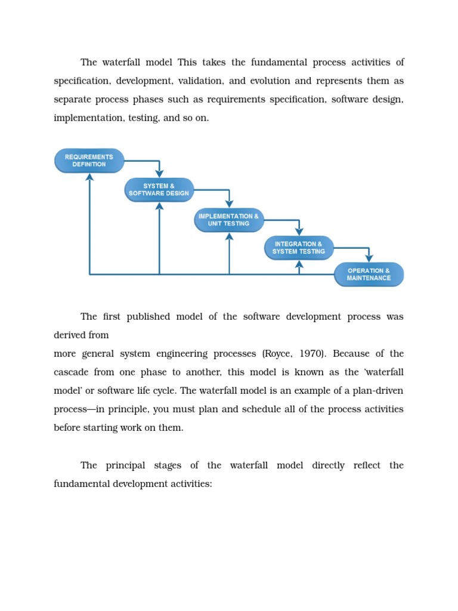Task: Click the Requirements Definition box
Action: pos(89,161)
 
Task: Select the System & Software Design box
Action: pos(159,190)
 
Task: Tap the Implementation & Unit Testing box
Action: pos(228,220)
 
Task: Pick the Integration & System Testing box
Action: pos(299,248)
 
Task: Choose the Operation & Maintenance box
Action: pos(369,274)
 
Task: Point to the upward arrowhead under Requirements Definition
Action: pos(89,177)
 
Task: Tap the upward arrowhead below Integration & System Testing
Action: pos(299,264)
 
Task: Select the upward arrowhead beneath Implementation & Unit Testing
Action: pos(229,236)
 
